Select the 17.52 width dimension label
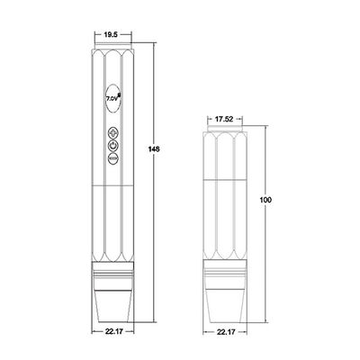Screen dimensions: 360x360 point(225,117)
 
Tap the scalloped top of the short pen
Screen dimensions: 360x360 point(225,136)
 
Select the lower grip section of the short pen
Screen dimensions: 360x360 point(225,234)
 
